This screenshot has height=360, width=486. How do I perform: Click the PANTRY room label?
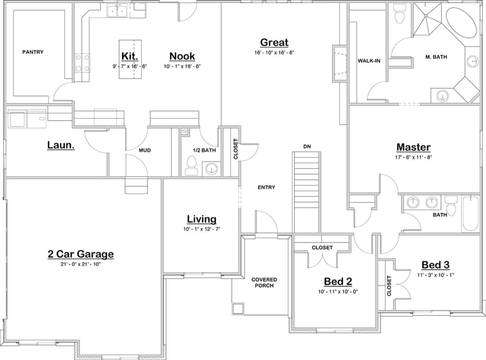33,52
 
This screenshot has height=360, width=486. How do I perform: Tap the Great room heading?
274,43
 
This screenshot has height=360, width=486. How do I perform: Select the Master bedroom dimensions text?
414,157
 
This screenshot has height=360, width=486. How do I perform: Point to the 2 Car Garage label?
81,254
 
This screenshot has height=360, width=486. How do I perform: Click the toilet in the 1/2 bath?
191,165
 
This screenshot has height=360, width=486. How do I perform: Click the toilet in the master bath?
399,16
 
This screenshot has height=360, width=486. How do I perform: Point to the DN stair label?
307,147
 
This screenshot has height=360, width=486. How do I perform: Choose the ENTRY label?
266,188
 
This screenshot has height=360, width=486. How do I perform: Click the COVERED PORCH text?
264,283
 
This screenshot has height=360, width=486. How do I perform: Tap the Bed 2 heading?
338,282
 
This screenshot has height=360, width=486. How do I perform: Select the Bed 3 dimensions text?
436,274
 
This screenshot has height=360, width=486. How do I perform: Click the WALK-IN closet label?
369,61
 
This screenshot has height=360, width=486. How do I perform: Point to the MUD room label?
144,150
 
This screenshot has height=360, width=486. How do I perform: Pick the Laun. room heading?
61,145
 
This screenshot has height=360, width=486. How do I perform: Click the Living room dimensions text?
202,229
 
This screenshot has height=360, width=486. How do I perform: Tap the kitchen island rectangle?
129,59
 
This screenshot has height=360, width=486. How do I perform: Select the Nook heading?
182,56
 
